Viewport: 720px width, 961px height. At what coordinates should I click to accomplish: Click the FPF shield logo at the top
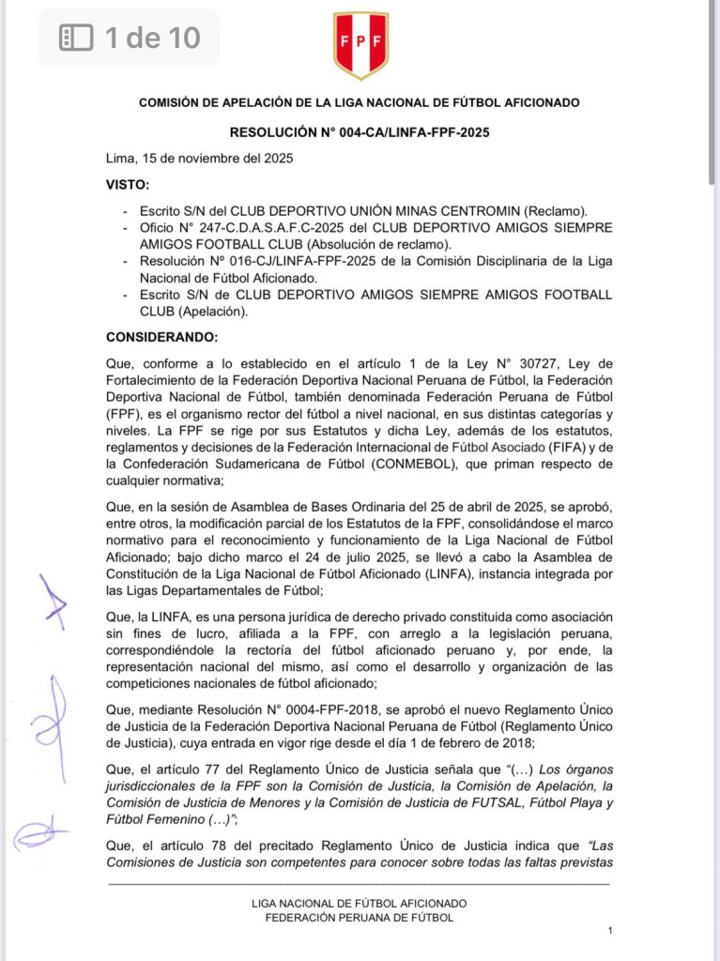click(x=360, y=46)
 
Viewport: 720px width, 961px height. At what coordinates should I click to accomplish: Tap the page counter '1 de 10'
click(x=152, y=38)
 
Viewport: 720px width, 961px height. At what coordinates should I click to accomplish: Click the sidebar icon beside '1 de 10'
click(x=76, y=38)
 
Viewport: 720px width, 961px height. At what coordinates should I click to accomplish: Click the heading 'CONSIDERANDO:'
click(x=161, y=337)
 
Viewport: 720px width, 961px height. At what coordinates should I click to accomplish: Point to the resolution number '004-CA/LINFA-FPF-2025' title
click(x=412, y=133)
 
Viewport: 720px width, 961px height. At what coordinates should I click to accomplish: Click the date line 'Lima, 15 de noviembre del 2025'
click(x=199, y=159)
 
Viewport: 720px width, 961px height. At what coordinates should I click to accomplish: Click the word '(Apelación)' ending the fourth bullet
click(x=210, y=312)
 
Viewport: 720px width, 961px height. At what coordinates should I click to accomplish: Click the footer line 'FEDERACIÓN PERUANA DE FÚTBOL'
click(x=360, y=917)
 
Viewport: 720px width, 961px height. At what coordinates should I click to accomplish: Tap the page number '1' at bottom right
click(x=610, y=930)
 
